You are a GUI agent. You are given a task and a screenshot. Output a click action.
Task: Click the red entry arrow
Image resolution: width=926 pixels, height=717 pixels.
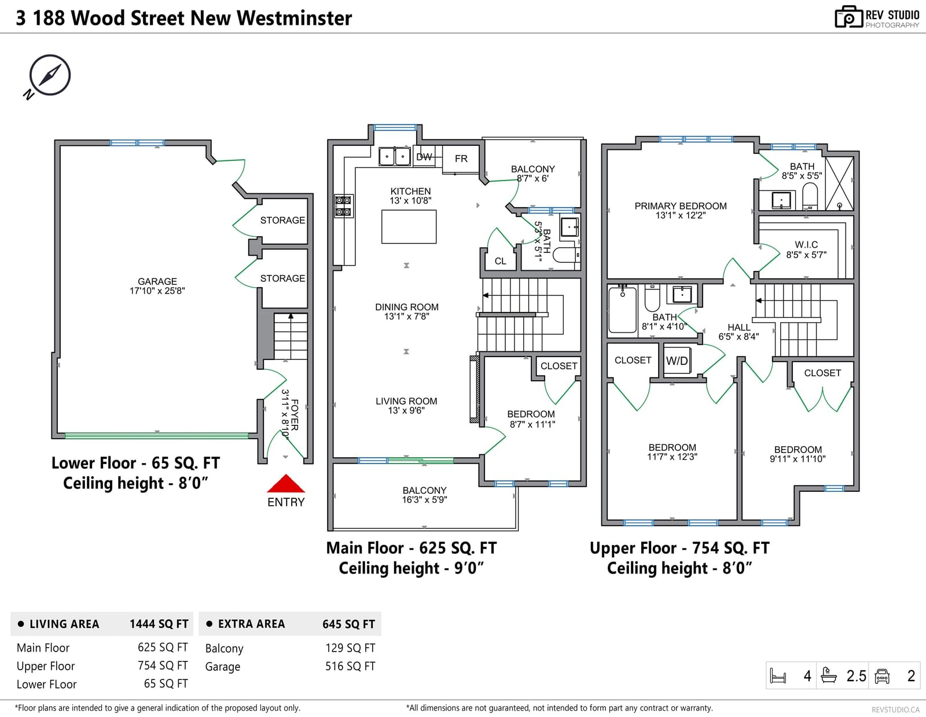pos(286,483)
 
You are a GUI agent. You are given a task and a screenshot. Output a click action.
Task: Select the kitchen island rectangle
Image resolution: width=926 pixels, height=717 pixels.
pos(409,226)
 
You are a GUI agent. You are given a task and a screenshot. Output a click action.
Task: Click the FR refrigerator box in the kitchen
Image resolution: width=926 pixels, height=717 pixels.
pos(461,159)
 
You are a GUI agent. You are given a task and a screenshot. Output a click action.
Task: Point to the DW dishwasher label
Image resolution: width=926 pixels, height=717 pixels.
pos(424,157)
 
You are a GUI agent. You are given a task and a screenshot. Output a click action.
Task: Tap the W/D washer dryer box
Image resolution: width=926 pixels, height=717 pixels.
pos(677,361)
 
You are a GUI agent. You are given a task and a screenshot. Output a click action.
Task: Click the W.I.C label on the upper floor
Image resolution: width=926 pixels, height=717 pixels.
pos(806,245)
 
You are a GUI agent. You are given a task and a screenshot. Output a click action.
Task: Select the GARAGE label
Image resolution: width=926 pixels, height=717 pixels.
pos(157,281)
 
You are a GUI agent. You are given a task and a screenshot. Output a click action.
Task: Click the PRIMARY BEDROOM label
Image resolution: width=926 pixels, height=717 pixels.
pos(681,206)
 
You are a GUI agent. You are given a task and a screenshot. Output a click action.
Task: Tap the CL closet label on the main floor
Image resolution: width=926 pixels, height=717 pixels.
pos(500,261)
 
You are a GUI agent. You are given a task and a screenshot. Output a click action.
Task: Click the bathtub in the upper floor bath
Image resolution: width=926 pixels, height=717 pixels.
pos(622,309)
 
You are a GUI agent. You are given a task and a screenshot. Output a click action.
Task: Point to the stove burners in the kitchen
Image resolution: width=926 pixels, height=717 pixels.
pos(343,206)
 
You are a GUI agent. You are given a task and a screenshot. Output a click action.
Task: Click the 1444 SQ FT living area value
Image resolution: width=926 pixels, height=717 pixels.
pos(159,624)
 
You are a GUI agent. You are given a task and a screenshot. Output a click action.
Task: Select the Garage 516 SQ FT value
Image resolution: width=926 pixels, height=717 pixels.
pos(350,666)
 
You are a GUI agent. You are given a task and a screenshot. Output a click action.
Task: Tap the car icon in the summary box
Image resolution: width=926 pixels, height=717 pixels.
pos(882,676)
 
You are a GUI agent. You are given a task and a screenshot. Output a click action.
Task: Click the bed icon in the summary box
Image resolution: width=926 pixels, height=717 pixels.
pos(778,676)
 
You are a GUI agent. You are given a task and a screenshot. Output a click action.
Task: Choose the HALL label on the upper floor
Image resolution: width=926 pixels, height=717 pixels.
pos(739,327)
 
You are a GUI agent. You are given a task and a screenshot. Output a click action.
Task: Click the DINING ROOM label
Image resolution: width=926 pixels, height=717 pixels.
pos(406,307)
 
